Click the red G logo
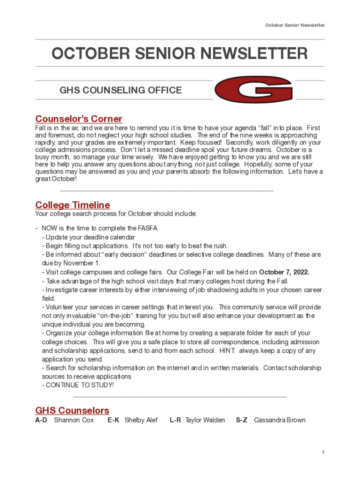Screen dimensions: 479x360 click(253, 89)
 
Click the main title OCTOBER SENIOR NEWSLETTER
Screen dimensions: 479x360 click(180, 54)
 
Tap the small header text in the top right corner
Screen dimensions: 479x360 click(295, 25)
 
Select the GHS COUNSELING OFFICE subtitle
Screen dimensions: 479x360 click(121, 90)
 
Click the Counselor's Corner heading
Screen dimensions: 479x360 click(79, 119)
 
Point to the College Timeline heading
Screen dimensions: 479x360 click(72, 205)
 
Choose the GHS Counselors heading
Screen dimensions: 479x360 click(72, 410)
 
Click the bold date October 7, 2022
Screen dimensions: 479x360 click(284, 272)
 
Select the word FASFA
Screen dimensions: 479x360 click(147, 228)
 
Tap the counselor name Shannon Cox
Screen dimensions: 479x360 click(74, 420)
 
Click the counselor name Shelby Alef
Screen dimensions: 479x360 click(141, 420)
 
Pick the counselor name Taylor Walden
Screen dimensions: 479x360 click(205, 420)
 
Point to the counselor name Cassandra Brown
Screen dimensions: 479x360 click(280, 420)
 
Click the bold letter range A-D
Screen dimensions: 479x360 click(41, 420)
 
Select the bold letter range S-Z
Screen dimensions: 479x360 click(242, 420)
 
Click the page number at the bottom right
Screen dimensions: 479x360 click(323, 452)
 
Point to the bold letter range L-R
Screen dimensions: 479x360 click(175, 420)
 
